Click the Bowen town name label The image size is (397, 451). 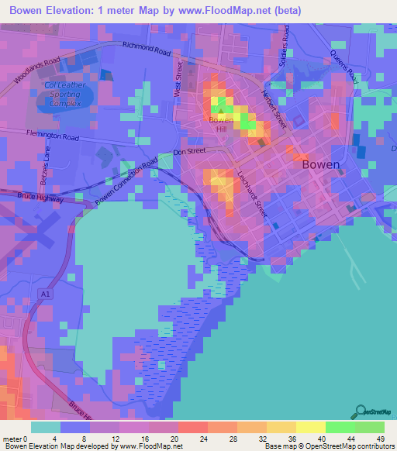coord(320,164)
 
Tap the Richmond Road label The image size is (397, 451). coord(147,50)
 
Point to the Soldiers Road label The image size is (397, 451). coord(285,46)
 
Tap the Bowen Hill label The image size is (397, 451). coord(222,126)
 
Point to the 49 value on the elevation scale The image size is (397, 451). coord(381,438)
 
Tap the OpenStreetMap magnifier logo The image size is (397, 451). coord(359,411)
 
